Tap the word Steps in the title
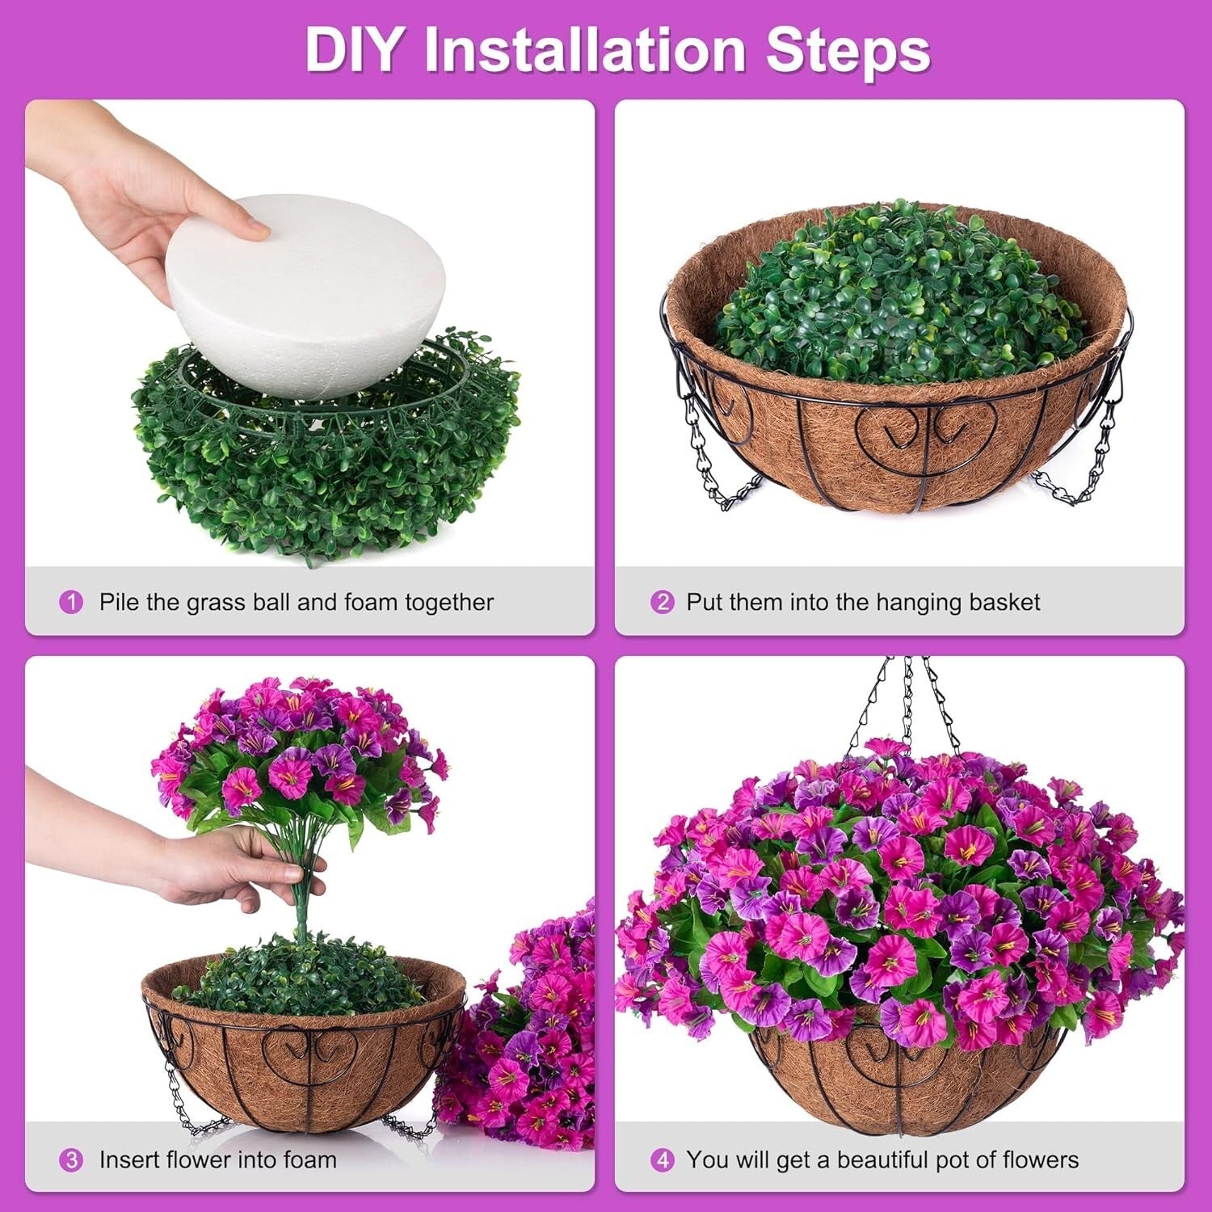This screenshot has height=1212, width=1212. pyautogui.click(x=848, y=50)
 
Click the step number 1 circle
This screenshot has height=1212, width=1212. pyautogui.click(x=72, y=603)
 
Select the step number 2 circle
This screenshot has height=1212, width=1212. pyautogui.click(x=662, y=603)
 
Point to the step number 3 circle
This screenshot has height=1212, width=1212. pyautogui.click(x=72, y=1161)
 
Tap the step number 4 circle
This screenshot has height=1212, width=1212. pyautogui.click(x=662, y=1161)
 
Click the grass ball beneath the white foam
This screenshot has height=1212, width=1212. pyautogui.click(x=323, y=469)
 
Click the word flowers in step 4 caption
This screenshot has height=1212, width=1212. pyautogui.click(x=1040, y=1160)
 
